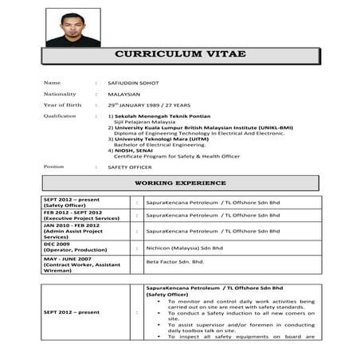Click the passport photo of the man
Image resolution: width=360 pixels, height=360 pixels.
[x=73, y=28]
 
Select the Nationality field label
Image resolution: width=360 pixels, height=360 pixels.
[x=60, y=94]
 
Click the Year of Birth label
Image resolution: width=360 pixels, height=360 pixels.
[x=62, y=105]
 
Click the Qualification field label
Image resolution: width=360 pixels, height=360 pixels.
[x=60, y=115]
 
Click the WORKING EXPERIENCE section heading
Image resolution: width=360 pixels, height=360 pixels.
[x=180, y=183]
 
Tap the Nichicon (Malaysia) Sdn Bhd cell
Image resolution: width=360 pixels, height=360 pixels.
[x=184, y=248]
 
